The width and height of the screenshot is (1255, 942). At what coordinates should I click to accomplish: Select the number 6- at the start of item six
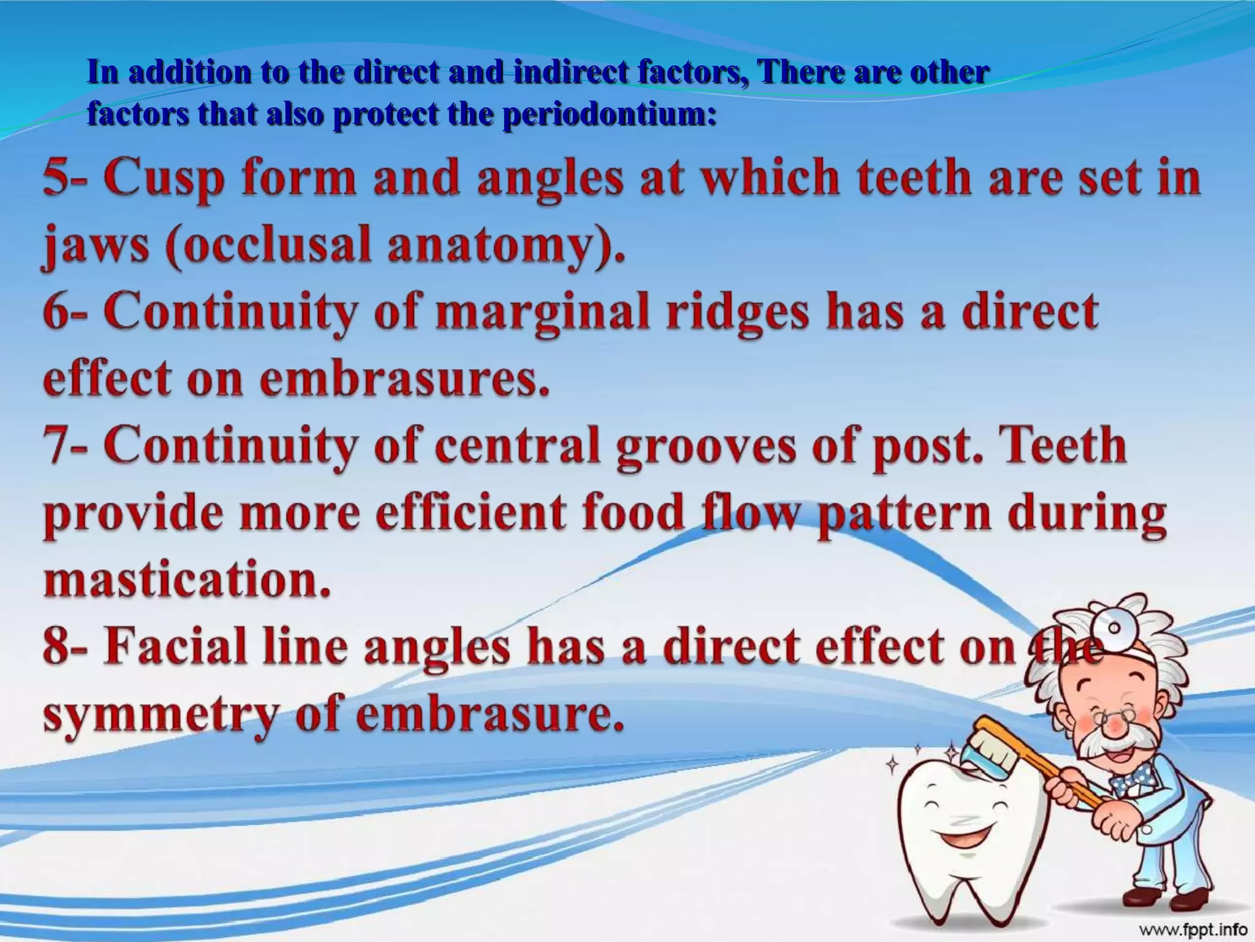64,312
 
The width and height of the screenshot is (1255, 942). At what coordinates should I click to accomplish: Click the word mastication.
187,581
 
